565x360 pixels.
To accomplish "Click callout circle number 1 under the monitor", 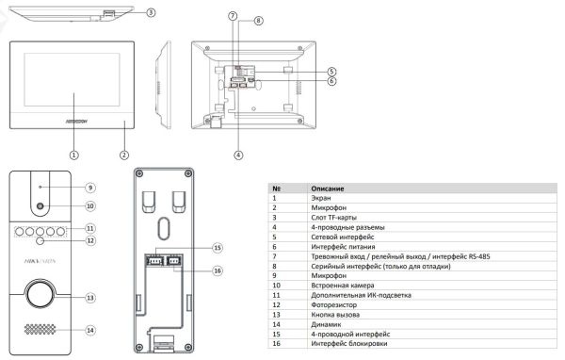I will (x=73, y=155).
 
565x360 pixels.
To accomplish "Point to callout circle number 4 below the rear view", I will (x=239, y=154).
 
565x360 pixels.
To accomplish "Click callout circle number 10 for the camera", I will (x=90, y=205).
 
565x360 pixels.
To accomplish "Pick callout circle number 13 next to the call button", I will (x=90, y=298).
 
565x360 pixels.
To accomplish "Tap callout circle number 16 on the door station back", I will (x=217, y=270).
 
